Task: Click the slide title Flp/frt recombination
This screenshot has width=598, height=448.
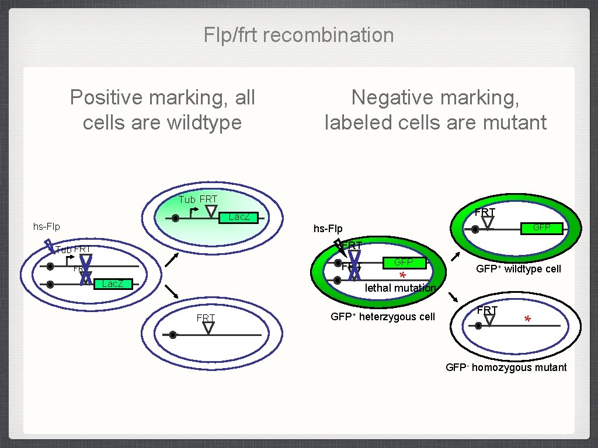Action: (x=298, y=35)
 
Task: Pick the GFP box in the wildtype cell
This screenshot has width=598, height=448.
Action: (x=541, y=228)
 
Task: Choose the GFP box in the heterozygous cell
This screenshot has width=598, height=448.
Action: (x=404, y=263)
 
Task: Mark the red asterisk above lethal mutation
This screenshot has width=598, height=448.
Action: (x=402, y=276)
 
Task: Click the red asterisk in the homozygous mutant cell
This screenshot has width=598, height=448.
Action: (x=527, y=320)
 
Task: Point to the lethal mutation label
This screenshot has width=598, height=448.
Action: (x=400, y=288)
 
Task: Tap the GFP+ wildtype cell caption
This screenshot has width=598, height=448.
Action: (x=518, y=269)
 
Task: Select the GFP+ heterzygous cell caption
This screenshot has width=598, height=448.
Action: (x=383, y=317)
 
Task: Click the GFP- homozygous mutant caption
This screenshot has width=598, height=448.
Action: (x=506, y=367)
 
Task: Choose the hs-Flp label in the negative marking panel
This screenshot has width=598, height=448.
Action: (x=328, y=229)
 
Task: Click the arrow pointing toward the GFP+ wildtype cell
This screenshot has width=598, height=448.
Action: (x=456, y=257)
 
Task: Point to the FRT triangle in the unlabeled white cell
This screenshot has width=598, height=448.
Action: (x=208, y=328)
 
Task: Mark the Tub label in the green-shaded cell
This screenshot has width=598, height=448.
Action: (x=187, y=199)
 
